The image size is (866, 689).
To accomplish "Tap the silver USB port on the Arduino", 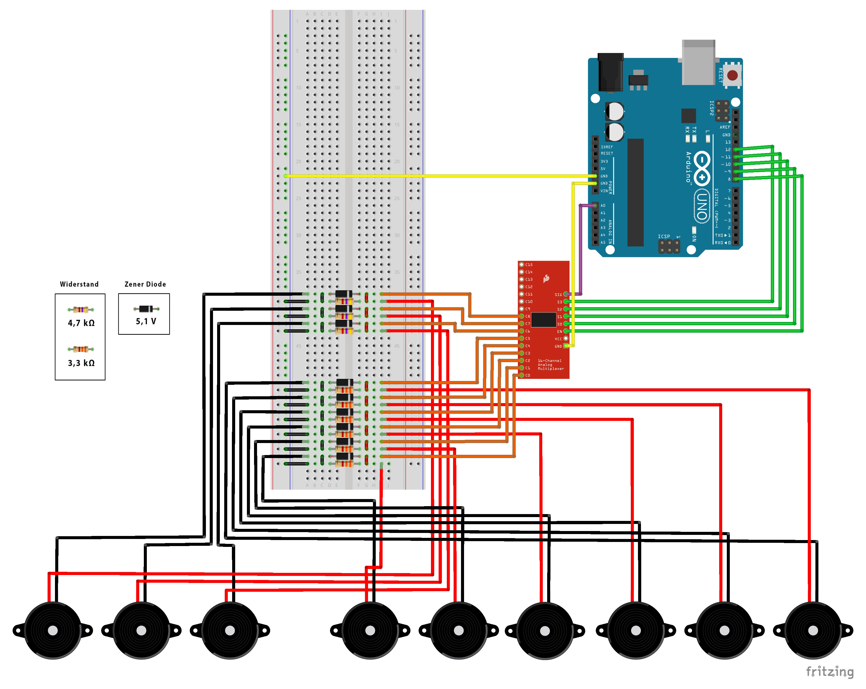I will [698, 62].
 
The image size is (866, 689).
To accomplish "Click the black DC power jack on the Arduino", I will [610, 72].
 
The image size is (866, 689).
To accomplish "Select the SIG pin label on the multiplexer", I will [558, 295].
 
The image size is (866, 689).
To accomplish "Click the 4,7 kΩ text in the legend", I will [81, 323].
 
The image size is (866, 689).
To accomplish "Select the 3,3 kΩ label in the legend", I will [81, 363].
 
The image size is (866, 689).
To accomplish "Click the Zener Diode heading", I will [145, 284].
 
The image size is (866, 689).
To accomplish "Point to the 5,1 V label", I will [146, 321].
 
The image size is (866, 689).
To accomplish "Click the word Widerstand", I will [79, 284].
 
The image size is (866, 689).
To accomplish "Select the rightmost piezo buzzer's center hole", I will [813, 631].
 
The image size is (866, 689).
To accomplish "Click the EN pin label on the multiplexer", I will [559, 332].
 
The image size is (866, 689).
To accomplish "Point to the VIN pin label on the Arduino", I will [604, 191].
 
